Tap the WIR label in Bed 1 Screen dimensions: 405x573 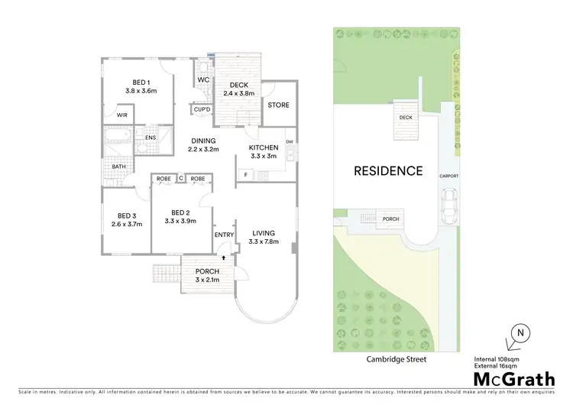tap(121, 115)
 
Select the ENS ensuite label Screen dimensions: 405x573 tap(151, 138)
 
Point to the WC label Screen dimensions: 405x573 tap(203, 80)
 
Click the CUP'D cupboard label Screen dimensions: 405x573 tap(202, 110)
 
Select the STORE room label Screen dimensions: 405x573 tap(279, 105)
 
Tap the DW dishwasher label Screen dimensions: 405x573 tap(290, 142)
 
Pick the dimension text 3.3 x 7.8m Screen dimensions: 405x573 tap(264, 242)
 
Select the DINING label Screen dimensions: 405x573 tap(203, 141)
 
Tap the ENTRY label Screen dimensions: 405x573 tap(224, 235)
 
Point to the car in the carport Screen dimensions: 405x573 tap(450, 206)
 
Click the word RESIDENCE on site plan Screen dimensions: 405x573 tap(387, 171)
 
